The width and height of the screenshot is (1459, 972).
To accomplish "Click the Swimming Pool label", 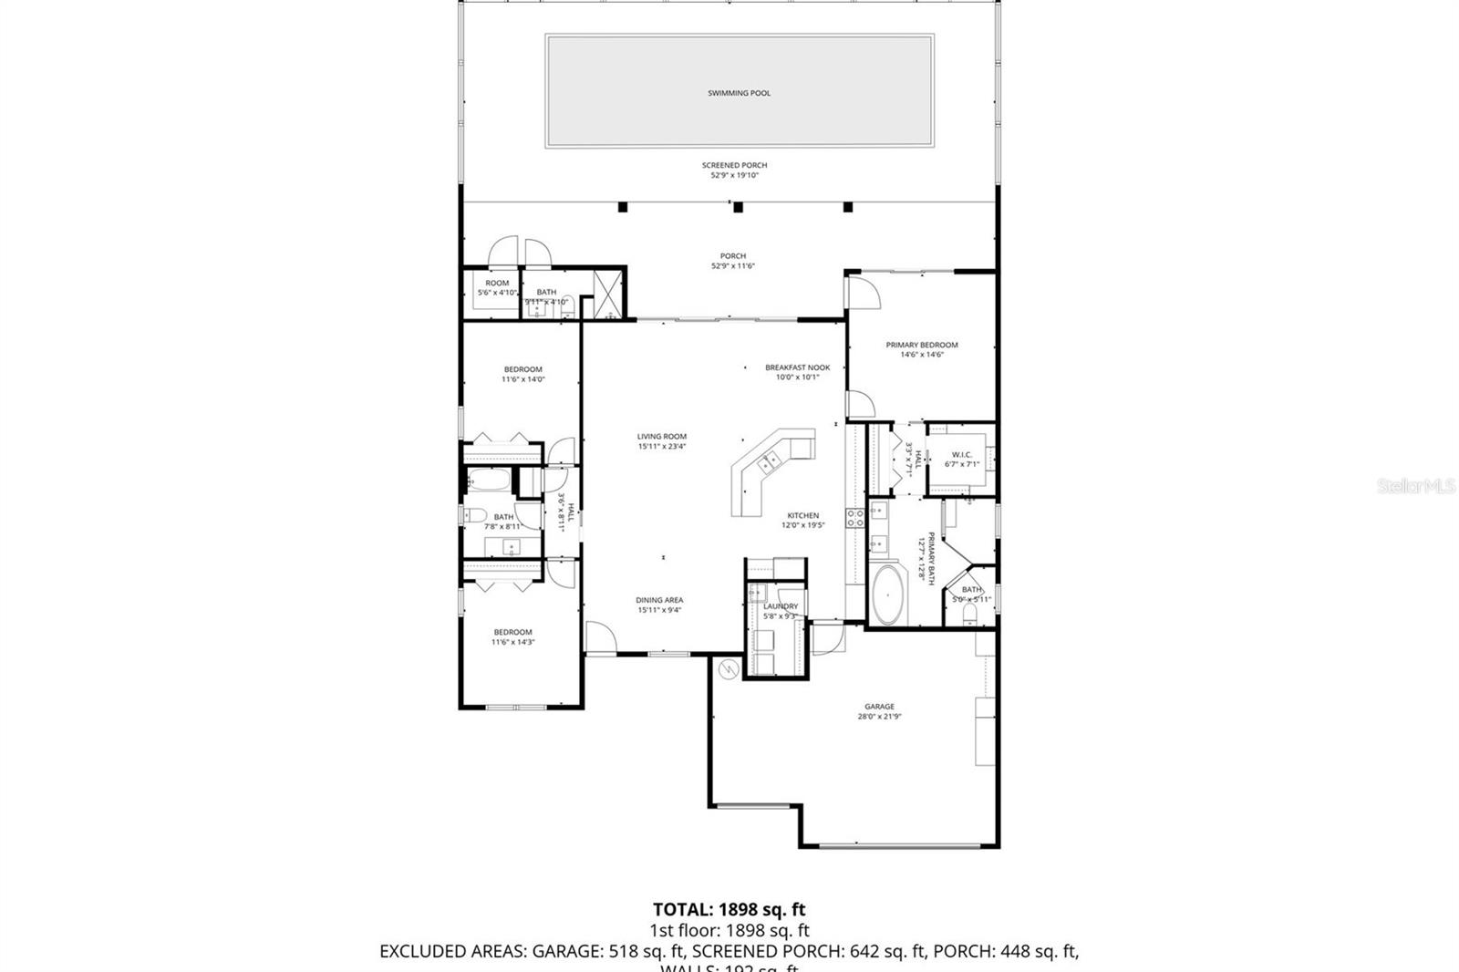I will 739,93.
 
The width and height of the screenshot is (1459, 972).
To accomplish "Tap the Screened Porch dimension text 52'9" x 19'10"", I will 734,175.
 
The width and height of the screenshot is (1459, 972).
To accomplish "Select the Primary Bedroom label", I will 922,345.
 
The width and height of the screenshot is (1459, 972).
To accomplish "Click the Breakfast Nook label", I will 797,367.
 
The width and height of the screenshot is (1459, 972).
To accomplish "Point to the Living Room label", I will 661,437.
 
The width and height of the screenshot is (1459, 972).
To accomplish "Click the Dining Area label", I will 659,600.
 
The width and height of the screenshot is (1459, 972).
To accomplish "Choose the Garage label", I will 879,707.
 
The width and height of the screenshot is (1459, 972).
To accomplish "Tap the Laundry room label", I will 781,606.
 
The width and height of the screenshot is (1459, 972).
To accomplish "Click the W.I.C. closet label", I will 961,455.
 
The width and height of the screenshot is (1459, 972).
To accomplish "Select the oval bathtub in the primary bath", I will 886,595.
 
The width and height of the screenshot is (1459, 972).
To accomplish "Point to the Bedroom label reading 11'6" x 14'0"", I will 523,369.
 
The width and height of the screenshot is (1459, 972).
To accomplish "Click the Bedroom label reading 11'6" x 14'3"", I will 512,632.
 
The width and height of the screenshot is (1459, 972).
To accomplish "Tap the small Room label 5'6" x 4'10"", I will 497,284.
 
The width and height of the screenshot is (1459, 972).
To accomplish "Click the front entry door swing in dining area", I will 599,636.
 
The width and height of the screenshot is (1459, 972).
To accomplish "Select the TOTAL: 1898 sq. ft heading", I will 729,909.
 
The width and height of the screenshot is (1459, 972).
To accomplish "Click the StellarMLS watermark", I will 1415,487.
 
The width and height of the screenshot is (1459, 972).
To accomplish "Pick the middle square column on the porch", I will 738,208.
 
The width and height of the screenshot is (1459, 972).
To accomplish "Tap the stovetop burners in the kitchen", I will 855,519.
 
